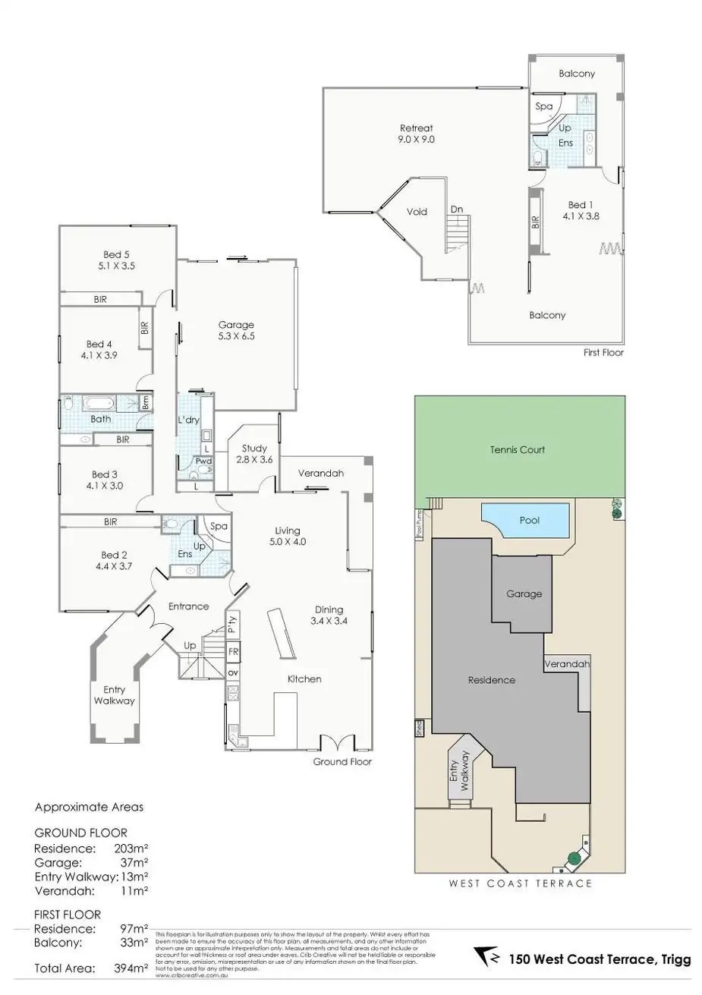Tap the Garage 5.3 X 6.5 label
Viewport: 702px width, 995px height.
click(236, 330)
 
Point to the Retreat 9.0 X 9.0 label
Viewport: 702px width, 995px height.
click(417, 134)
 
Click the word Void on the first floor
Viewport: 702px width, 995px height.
click(417, 212)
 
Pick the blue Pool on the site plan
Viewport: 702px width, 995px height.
click(529, 521)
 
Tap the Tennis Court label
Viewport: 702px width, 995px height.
click(517, 450)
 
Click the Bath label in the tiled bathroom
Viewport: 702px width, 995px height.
click(100, 419)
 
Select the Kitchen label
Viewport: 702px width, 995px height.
click(304, 679)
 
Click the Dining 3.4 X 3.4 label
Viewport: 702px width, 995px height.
click(329, 615)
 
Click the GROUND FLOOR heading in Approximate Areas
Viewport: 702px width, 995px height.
click(80, 833)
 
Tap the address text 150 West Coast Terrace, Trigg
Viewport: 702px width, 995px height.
click(600, 959)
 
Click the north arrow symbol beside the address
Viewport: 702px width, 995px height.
click(486, 957)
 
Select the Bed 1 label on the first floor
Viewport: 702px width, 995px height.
click(581, 210)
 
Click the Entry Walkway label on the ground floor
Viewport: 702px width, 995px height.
click(114, 695)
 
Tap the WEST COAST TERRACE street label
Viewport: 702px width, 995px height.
click(520, 883)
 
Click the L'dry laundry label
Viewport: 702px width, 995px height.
click(187, 420)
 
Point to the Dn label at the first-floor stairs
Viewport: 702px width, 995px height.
click(456, 209)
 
